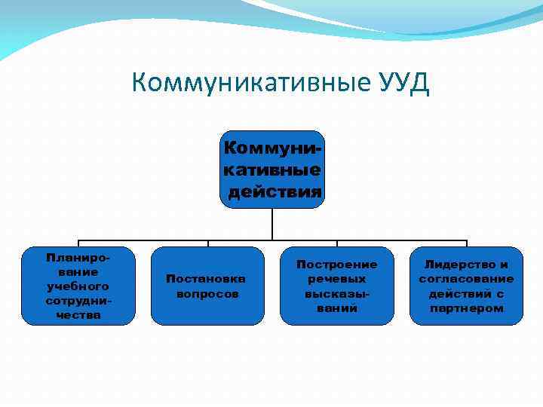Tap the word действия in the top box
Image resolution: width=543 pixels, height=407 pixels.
275,191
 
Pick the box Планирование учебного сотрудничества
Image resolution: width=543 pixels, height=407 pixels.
78,286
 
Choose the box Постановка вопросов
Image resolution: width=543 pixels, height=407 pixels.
207,286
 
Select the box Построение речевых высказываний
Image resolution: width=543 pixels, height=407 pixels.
336,286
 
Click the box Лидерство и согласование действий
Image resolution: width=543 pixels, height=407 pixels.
466,286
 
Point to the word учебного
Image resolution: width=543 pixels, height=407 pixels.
78,286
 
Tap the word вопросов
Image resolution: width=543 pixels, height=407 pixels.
207,293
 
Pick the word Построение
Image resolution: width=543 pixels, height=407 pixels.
336,265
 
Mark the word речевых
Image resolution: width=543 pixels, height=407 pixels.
336,279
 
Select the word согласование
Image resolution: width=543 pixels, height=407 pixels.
466,279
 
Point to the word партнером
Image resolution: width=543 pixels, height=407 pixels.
466,308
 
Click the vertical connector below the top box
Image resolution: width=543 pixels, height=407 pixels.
272,224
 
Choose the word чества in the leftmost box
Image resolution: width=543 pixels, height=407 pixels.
78,315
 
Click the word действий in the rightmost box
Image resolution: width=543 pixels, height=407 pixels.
456,293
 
